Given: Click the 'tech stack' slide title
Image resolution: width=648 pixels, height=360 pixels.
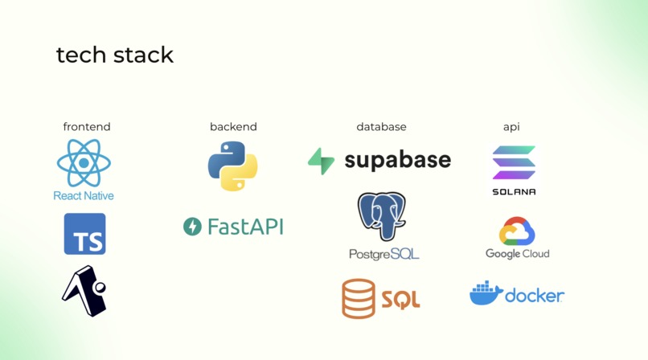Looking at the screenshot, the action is (115, 55).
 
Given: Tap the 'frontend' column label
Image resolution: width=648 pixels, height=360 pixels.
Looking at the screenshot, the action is (87, 127).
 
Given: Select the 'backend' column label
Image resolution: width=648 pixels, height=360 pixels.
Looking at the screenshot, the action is (233, 127).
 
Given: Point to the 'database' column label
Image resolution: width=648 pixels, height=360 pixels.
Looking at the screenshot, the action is (381, 127).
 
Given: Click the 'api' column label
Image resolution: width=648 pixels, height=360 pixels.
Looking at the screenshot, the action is (511, 127).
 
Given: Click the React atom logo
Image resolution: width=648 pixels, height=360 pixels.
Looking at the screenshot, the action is (84, 162).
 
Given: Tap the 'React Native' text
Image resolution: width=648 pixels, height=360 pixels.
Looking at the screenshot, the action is (84, 196).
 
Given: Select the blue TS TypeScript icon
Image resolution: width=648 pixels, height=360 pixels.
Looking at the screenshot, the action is (84, 234).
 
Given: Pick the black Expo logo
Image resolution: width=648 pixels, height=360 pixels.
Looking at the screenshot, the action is (84, 291).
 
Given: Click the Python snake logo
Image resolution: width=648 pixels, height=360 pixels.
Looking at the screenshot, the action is (232, 166).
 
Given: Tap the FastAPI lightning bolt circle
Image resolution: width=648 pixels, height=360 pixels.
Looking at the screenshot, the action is (192, 227).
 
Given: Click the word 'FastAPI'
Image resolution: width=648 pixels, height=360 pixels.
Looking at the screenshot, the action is (245, 227).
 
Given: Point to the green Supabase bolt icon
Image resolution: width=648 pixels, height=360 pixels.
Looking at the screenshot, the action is (321, 161).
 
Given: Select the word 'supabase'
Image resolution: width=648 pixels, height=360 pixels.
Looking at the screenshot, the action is (397, 161).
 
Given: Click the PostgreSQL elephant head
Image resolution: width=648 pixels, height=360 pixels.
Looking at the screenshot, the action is (381, 216).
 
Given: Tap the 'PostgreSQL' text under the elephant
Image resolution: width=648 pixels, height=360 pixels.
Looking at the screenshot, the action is (384, 254).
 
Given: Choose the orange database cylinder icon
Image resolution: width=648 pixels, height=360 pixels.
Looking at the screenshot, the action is (359, 298).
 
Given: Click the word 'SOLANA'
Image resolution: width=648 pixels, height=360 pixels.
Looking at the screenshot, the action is (514, 192).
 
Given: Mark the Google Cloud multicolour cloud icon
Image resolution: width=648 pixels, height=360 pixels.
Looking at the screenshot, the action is (517, 231).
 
